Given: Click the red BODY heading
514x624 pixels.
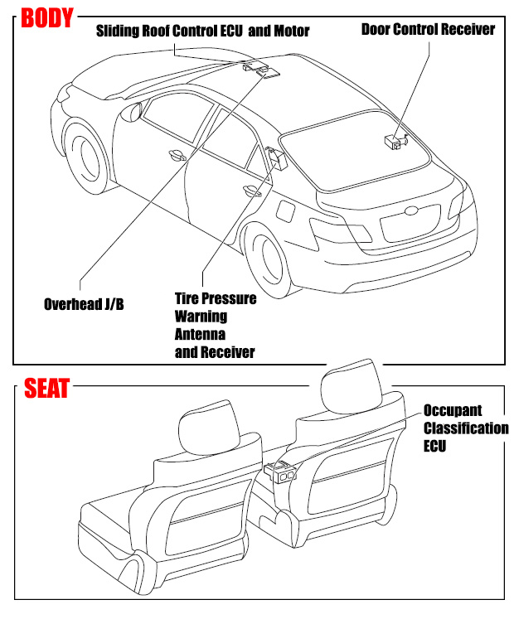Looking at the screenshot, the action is pos(47,18).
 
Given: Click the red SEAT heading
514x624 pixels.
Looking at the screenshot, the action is pos(46,388).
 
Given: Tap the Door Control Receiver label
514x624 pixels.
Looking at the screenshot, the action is pos(428,29).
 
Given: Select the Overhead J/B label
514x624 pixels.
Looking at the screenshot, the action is pos(84,304).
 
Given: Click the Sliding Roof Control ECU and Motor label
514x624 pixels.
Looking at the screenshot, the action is pos(202,31).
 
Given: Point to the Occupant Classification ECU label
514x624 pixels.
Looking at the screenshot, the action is pos(466,428).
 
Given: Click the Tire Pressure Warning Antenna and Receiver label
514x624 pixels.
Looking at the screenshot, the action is pos(216,325).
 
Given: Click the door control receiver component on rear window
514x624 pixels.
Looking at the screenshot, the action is pos(396,141).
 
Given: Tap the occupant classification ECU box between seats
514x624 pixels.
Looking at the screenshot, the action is pos(280,472).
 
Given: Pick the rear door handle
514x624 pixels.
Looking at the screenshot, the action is pos(252,191).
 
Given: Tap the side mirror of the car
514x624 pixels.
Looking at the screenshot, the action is pos(131,111).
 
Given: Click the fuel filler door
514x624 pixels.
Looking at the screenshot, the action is pos(286,210).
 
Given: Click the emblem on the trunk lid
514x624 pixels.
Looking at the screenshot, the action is pos(411,211).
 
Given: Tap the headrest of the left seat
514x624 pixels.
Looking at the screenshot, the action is pos(209,428).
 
